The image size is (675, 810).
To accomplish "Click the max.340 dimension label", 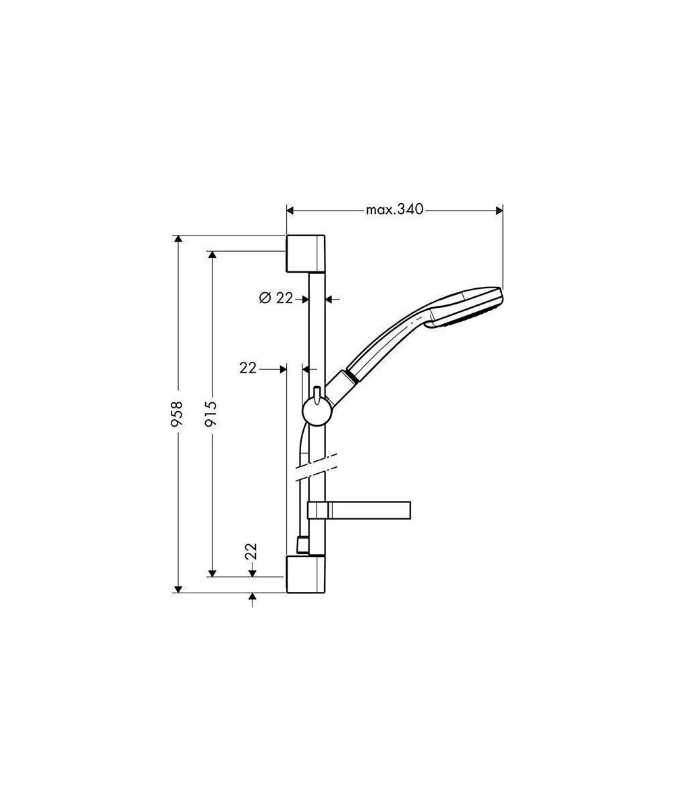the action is click(x=394, y=210).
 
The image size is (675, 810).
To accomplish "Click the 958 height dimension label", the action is click(x=178, y=414).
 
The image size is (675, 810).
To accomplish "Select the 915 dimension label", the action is click(x=211, y=414).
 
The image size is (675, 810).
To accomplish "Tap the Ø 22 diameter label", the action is click(x=276, y=298).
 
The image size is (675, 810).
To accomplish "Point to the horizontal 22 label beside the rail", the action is click(x=248, y=368).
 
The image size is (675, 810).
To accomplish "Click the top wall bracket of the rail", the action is click(x=306, y=253).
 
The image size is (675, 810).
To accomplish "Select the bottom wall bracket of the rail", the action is click(x=306, y=574).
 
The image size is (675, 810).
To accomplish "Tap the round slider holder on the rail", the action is click(x=318, y=412).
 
